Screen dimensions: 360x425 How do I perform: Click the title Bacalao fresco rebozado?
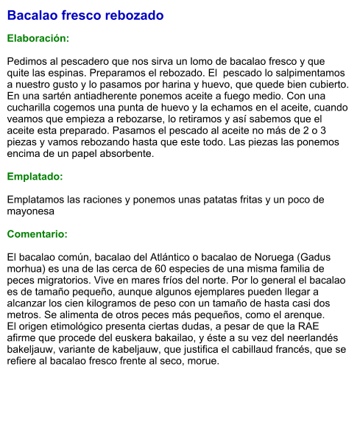pyautogui.click(x=85, y=15)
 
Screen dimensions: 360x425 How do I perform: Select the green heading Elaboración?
pyautogui.click(x=38, y=38)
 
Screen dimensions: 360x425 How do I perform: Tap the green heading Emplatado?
pyautogui.click(x=35, y=177)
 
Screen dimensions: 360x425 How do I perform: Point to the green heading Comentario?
pyautogui.click(x=38, y=234)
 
